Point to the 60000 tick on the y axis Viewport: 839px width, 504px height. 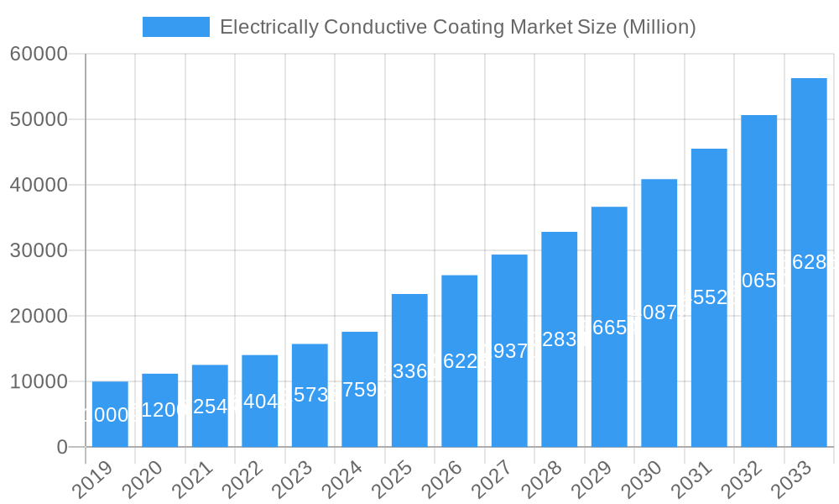point(39,55)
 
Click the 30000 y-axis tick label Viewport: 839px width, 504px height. point(39,251)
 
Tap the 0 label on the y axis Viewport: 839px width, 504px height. point(62,448)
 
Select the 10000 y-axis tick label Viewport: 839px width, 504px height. point(39,382)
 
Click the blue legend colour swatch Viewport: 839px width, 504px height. point(176,27)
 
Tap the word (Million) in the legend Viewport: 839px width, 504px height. point(659,27)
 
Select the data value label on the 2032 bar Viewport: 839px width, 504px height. point(758,281)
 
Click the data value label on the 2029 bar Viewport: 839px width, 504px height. point(609,328)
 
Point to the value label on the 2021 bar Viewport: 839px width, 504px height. point(210,407)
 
